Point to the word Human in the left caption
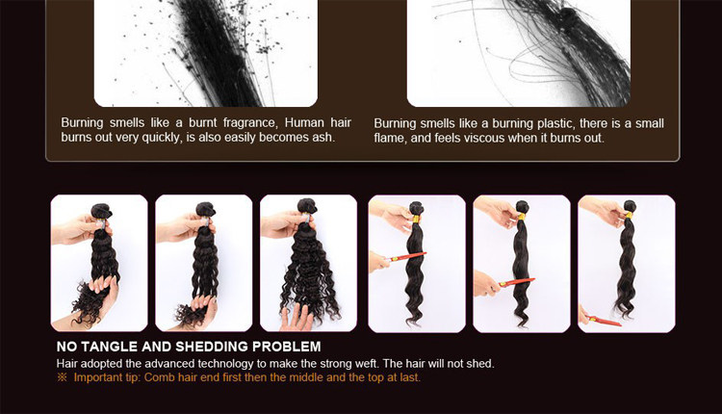point(304,122)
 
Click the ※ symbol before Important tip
point(63,377)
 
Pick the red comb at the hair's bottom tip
point(605,321)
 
